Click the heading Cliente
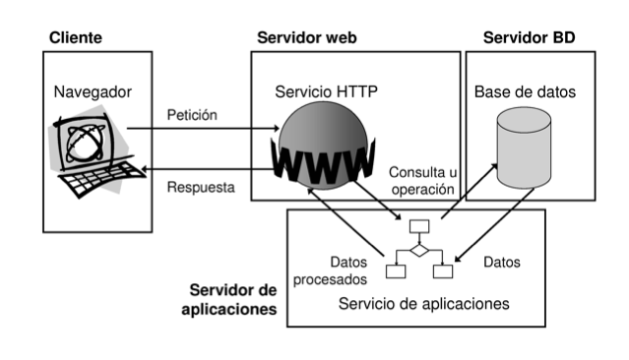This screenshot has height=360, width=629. pos(76,38)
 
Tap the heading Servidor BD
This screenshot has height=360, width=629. pos(529,38)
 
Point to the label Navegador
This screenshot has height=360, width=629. pos(93,93)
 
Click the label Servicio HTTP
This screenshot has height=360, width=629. pos(324,93)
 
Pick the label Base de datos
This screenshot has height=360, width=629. pos(525,93)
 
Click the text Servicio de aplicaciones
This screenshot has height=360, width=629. pos(423,304)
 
